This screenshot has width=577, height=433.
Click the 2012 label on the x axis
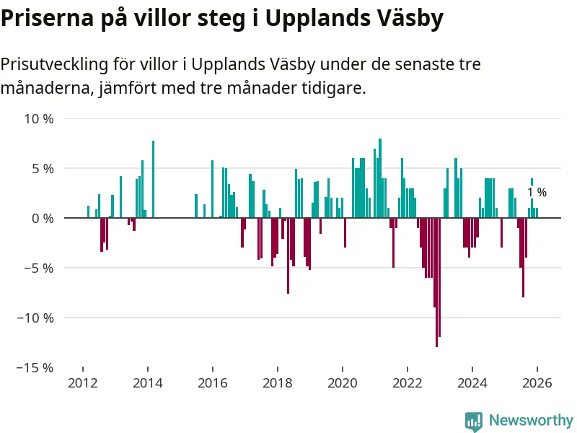pyautogui.click(x=83, y=383)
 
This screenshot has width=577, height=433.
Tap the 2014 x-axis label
pyautogui.click(x=148, y=383)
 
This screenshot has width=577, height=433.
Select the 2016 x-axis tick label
pyautogui.click(x=213, y=383)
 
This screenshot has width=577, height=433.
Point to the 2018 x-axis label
pyautogui.click(x=278, y=383)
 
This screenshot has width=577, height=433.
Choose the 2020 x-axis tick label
pyautogui.click(x=343, y=383)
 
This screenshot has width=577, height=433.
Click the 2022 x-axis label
pyautogui.click(x=408, y=383)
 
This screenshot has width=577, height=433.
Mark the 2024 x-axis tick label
pyautogui.click(x=472, y=383)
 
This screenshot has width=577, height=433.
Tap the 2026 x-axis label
pyautogui.click(x=537, y=383)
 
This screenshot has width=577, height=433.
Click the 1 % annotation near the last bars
pyautogui.click(x=537, y=193)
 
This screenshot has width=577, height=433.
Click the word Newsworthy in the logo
pyautogui.click(x=531, y=420)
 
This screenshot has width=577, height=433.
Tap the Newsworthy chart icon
pyautogui.click(x=474, y=420)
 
